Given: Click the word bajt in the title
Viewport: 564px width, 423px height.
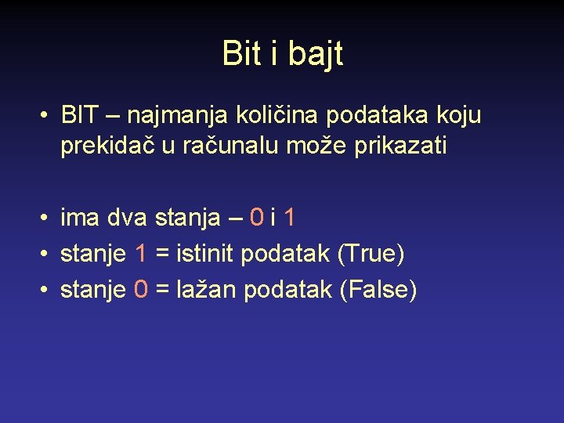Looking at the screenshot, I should pyautogui.click(x=315, y=54).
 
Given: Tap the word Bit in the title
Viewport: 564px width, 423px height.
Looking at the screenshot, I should pyautogui.click(x=241, y=53).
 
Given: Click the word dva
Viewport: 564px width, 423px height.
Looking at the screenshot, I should pyautogui.click(x=128, y=217).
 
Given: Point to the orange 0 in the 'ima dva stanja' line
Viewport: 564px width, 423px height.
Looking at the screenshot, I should pyautogui.click(x=256, y=217).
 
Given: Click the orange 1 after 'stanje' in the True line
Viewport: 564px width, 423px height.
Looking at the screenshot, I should pyautogui.click(x=142, y=254).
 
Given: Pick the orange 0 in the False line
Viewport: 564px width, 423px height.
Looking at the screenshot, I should pyautogui.click(x=141, y=291).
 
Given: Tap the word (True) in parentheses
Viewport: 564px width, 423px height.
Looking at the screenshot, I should pyautogui.click(x=371, y=254).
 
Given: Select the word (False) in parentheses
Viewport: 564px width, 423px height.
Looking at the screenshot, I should pyautogui.click(x=378, y=291).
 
